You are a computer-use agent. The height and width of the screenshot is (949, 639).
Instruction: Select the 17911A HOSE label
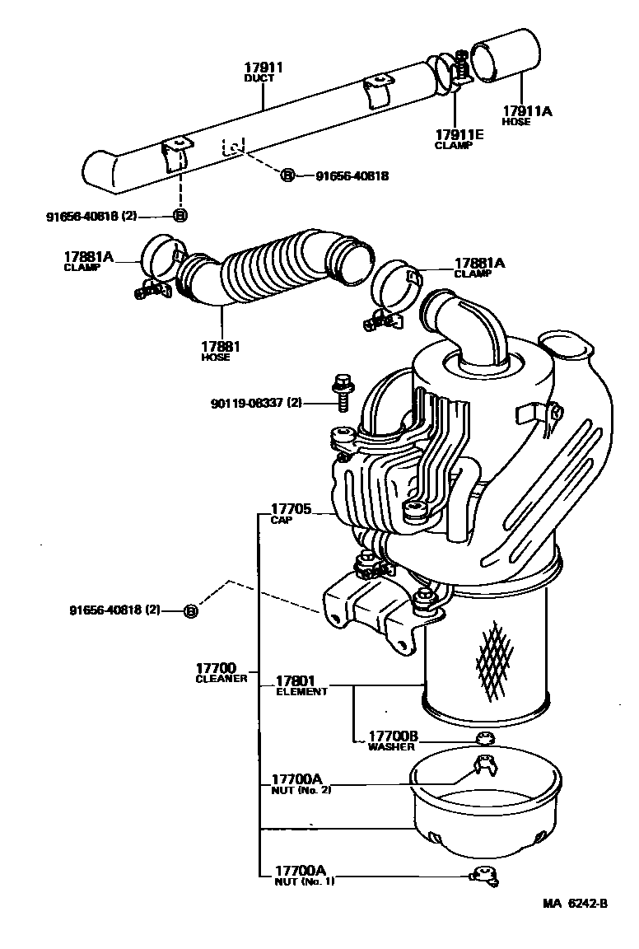(x=528, y=115)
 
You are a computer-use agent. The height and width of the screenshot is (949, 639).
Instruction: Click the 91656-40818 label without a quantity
(x=352, y=175)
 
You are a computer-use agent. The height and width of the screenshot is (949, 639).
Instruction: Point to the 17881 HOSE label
(x=215, y=351)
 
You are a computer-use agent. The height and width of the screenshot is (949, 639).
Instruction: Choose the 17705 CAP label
(x=291, y=514)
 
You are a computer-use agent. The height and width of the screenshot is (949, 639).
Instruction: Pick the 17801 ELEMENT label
(x=301, y=685)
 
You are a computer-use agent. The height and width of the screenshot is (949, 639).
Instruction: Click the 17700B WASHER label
(x=393, y=740)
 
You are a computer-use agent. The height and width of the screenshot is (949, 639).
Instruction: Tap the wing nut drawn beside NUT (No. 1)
(x=483, y=877)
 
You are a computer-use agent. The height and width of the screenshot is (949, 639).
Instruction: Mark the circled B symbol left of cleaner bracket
(x=190, y=610)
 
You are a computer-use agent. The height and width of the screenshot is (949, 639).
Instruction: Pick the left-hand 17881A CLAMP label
(x=90, y=261)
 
